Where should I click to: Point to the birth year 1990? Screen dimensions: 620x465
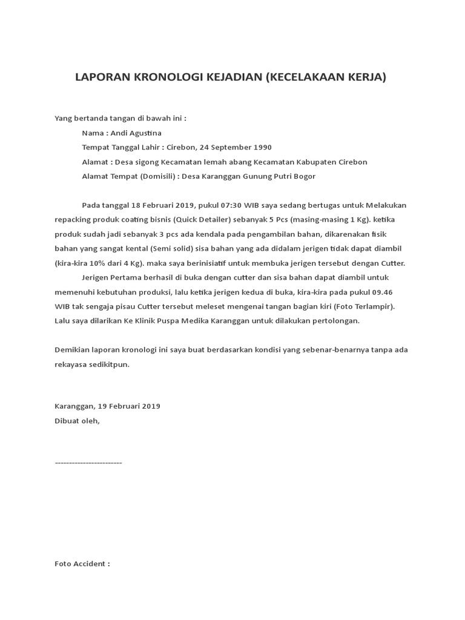coord(262,147)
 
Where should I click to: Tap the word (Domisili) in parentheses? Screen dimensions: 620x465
coord(160,176)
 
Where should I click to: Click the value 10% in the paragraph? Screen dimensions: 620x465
coord(100,263)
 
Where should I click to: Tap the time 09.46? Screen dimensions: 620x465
coord(385,292)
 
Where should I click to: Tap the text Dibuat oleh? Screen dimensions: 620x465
coord(77,421)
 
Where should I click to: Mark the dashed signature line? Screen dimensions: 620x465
coord(88,463)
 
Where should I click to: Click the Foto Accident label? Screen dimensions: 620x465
coord(82,564)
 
